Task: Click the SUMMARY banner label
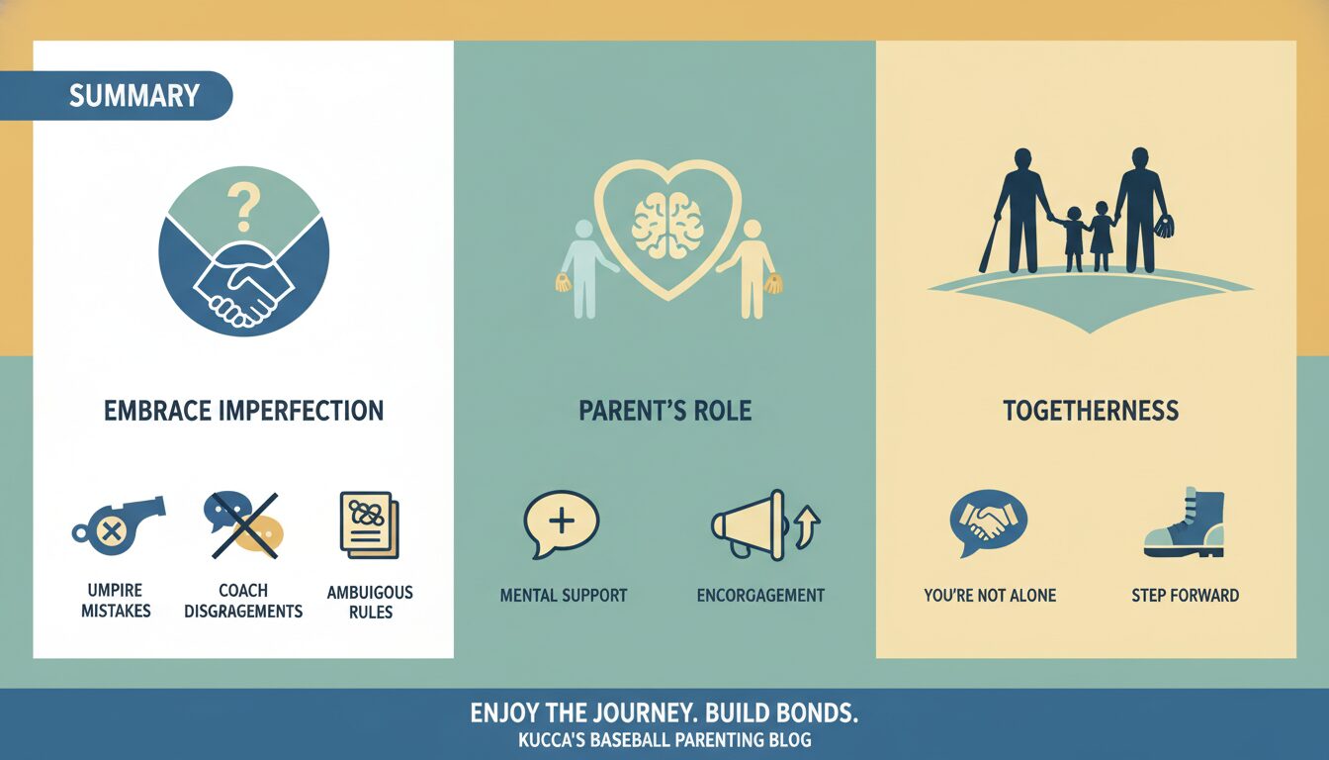pyautogui.click(x=134, y=96)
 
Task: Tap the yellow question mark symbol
pyautogui.click(x=242, y=206)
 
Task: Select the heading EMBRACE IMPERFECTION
pyautogui.click(x=244, y=411)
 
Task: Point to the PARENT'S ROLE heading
pyautogui.click(x=665, y=411)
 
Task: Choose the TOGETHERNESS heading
pyautogui.click(x=1091, y=411)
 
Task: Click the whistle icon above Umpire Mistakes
pyautogui.click(x=118, y=524)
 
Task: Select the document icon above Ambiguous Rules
pyautogui.click(x=370, y=525)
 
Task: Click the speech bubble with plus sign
pyautogui.click(x=562, y=523)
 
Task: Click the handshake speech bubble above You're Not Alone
pyautogui.click(x=988, y=522)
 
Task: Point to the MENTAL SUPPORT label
pyautogui.click(x=564, y=596)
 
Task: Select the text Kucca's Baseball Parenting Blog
pyautogui.click(x=664, y=740)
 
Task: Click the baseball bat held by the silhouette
pyautogui.click(x=990, y=243)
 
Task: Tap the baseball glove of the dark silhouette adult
pyautogui.click(x=1164, y=227)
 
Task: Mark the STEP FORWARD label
pyautogui.click(x=1185, y=596)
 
